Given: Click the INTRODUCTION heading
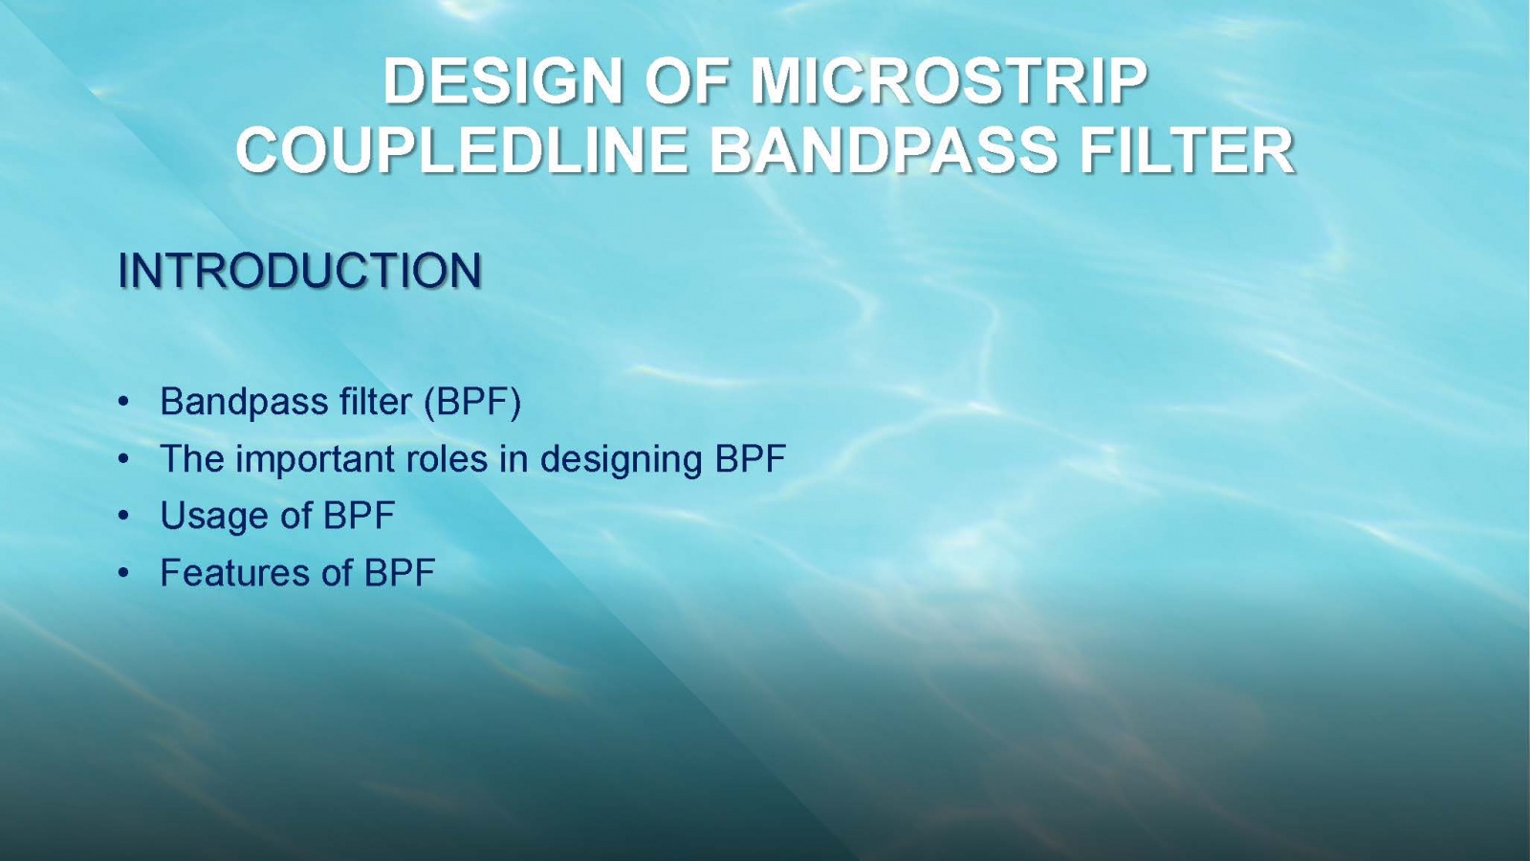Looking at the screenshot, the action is (x=300, y=271).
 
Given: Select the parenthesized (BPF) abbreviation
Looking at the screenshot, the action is (x=472, y=402).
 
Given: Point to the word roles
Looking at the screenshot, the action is (x=447, y=459).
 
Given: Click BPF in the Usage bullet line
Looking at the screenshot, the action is (x=360, y=516).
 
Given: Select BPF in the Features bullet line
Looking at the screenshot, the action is (x=400, y=573).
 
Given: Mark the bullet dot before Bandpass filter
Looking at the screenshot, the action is (x=123, y=402).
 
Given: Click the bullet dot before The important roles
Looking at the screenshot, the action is (x=123, y=459).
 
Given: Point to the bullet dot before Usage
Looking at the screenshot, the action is (x=123, y=516).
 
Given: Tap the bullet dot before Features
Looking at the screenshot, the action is (x=123, y=573).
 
